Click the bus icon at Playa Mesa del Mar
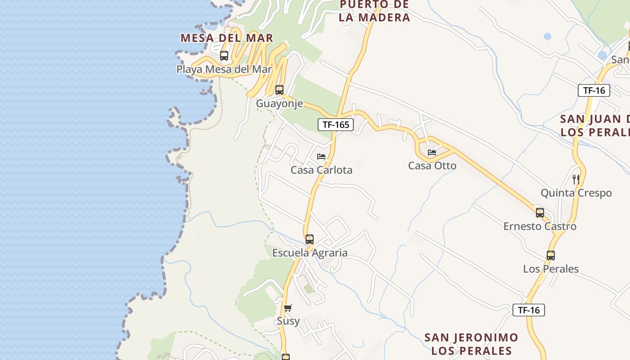224,56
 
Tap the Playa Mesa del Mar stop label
224,69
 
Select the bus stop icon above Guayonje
279,90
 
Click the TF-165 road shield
336,125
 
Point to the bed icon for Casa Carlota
321,157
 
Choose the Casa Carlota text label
321,170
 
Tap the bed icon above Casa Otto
432,153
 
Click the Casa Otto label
432,166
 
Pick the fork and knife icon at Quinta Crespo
576,179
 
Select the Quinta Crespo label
576,193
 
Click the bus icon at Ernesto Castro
540,213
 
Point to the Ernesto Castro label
540,226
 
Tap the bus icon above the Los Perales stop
551,256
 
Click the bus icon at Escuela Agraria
310,239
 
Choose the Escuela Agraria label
310,253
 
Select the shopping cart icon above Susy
288,308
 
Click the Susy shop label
288,321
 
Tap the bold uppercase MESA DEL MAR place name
227,38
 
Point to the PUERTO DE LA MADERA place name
374,11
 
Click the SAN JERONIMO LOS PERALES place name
471,344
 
